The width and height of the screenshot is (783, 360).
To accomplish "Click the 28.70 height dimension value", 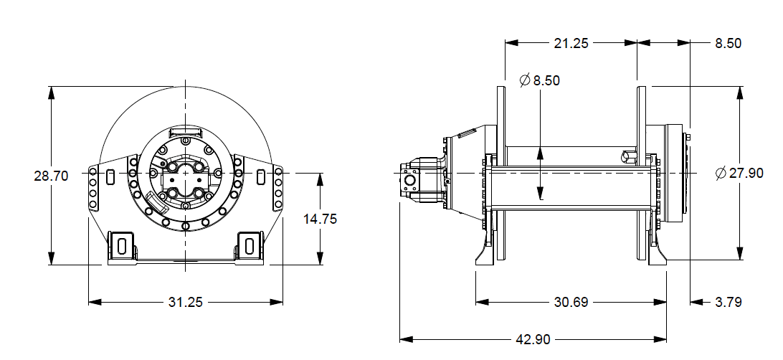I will coord(51,175).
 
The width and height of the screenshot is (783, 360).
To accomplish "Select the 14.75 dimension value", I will coord(320,219).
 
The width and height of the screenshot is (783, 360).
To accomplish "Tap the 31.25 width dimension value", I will coord(186,302).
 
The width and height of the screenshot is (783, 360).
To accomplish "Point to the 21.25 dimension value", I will coord(571,43).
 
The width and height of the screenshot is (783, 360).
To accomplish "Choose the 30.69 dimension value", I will coord(571,302).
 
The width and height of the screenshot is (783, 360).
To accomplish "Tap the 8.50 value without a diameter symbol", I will coord(728,43).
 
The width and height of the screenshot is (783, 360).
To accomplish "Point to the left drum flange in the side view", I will coord(501,172).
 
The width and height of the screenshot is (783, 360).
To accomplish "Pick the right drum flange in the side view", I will coord(642,172).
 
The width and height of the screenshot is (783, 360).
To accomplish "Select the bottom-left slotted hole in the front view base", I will coord(121,245).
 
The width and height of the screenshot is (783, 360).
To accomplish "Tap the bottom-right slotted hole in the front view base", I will coord(249,245).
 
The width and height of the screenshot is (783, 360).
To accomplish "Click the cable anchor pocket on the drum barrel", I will coord(628,155).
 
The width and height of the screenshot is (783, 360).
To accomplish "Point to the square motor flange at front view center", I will coord(186,182).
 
